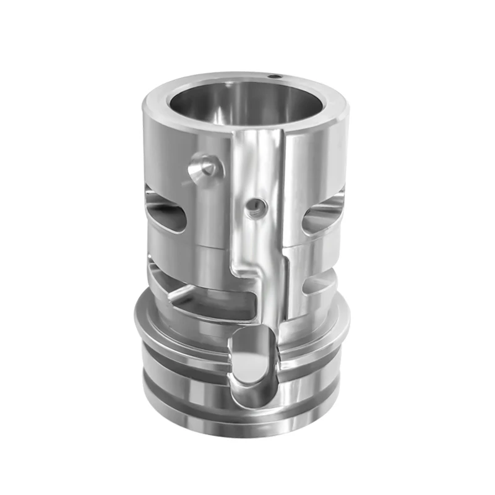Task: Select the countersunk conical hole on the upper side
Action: [x=204, y=166]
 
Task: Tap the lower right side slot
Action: [x=318, y=282]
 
